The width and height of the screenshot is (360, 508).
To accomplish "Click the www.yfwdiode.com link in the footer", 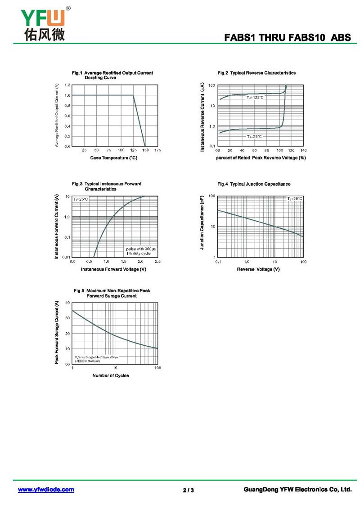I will click(46, 490).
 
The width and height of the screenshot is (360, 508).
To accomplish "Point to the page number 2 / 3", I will click(189, 490).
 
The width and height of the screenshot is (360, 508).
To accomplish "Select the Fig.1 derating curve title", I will click(112, 75).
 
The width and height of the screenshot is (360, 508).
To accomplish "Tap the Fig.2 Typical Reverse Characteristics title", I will click(256, 73).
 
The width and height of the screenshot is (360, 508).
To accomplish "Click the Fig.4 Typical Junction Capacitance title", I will click(253, 184).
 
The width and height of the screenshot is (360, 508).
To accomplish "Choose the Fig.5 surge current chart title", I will click(111, 293).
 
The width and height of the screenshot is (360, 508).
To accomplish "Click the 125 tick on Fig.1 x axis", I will click(133, 150).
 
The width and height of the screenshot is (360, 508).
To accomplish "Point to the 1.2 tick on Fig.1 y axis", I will click(67, 85).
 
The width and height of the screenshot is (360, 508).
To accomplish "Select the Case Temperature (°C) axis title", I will click(113, 158).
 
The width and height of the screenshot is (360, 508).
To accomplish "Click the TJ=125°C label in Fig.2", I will click(255, 98).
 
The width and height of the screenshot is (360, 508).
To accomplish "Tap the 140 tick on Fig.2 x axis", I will click(303, 150).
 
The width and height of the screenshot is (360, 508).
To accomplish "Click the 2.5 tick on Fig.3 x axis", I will click(157, 261).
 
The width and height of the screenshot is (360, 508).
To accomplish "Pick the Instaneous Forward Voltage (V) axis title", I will click(113, 269).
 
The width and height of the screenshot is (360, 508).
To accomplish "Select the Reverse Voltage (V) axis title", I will click(258, 269).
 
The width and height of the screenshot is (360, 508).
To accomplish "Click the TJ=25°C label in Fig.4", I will click(295, 198).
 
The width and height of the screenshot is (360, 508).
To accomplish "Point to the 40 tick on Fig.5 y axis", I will click(68, 303).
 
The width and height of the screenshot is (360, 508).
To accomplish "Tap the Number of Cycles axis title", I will click(111, 375).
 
